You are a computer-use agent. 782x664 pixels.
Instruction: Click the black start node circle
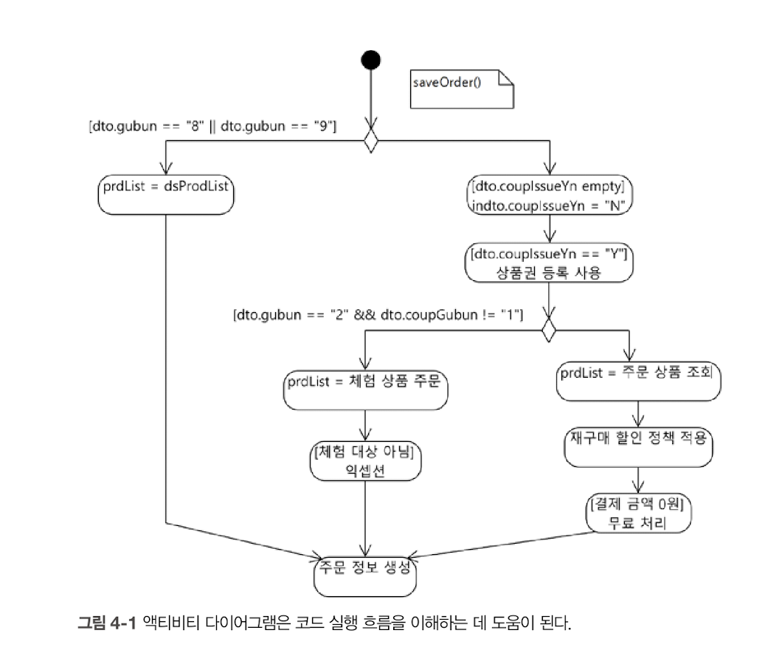[x=370, y=60]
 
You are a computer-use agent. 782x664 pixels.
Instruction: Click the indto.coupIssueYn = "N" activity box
[x=550, y=196]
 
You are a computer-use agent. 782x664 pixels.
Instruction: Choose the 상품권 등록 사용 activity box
[x=550, y=262]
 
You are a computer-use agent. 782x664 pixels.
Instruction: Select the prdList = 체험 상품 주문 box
[x=367, y=389]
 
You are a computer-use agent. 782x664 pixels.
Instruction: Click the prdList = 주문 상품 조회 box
[x=638, y=380]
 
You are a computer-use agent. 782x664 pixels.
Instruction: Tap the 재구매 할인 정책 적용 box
[x=638, y=444]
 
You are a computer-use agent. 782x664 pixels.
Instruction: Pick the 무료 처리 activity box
[x=638, y=513]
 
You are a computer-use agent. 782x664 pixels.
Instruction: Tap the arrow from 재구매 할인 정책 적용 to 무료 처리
[x=638, y=480]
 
